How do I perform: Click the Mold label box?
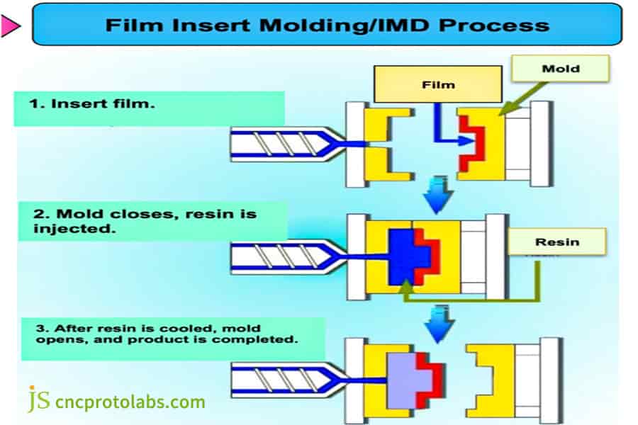tap(560, 68)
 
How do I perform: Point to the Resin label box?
tap(557, 242)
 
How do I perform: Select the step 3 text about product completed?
tap(163, 333)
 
